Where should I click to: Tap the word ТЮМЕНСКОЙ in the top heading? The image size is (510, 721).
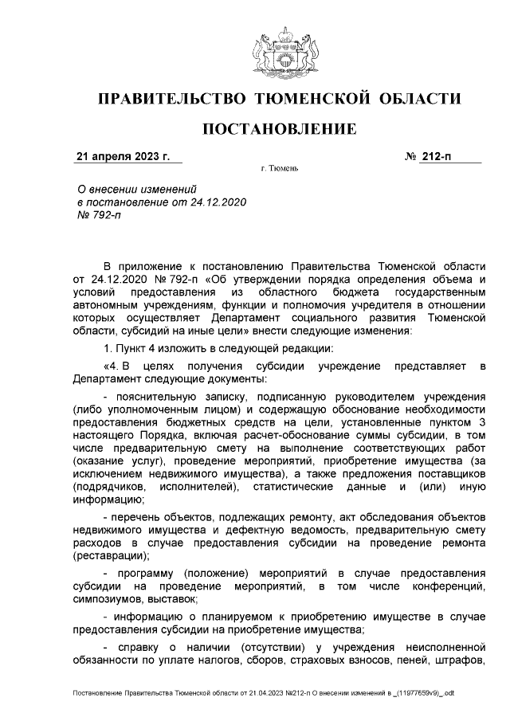(x=309, y=99)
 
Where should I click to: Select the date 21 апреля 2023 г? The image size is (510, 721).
(x=123, y=157)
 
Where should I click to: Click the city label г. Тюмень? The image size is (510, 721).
(x=279, y=170)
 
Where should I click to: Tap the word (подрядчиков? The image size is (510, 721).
(x=108, y=486)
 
